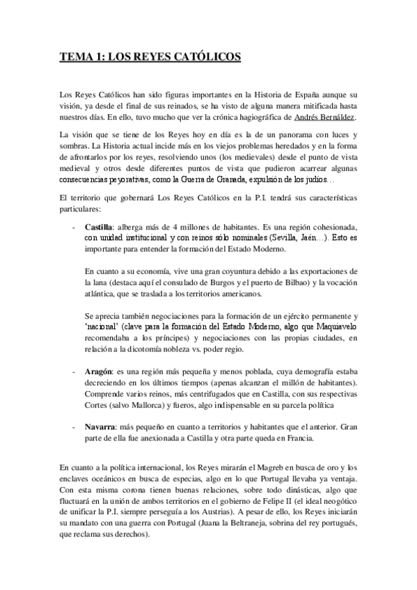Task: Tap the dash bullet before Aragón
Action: (x=73, y=373)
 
